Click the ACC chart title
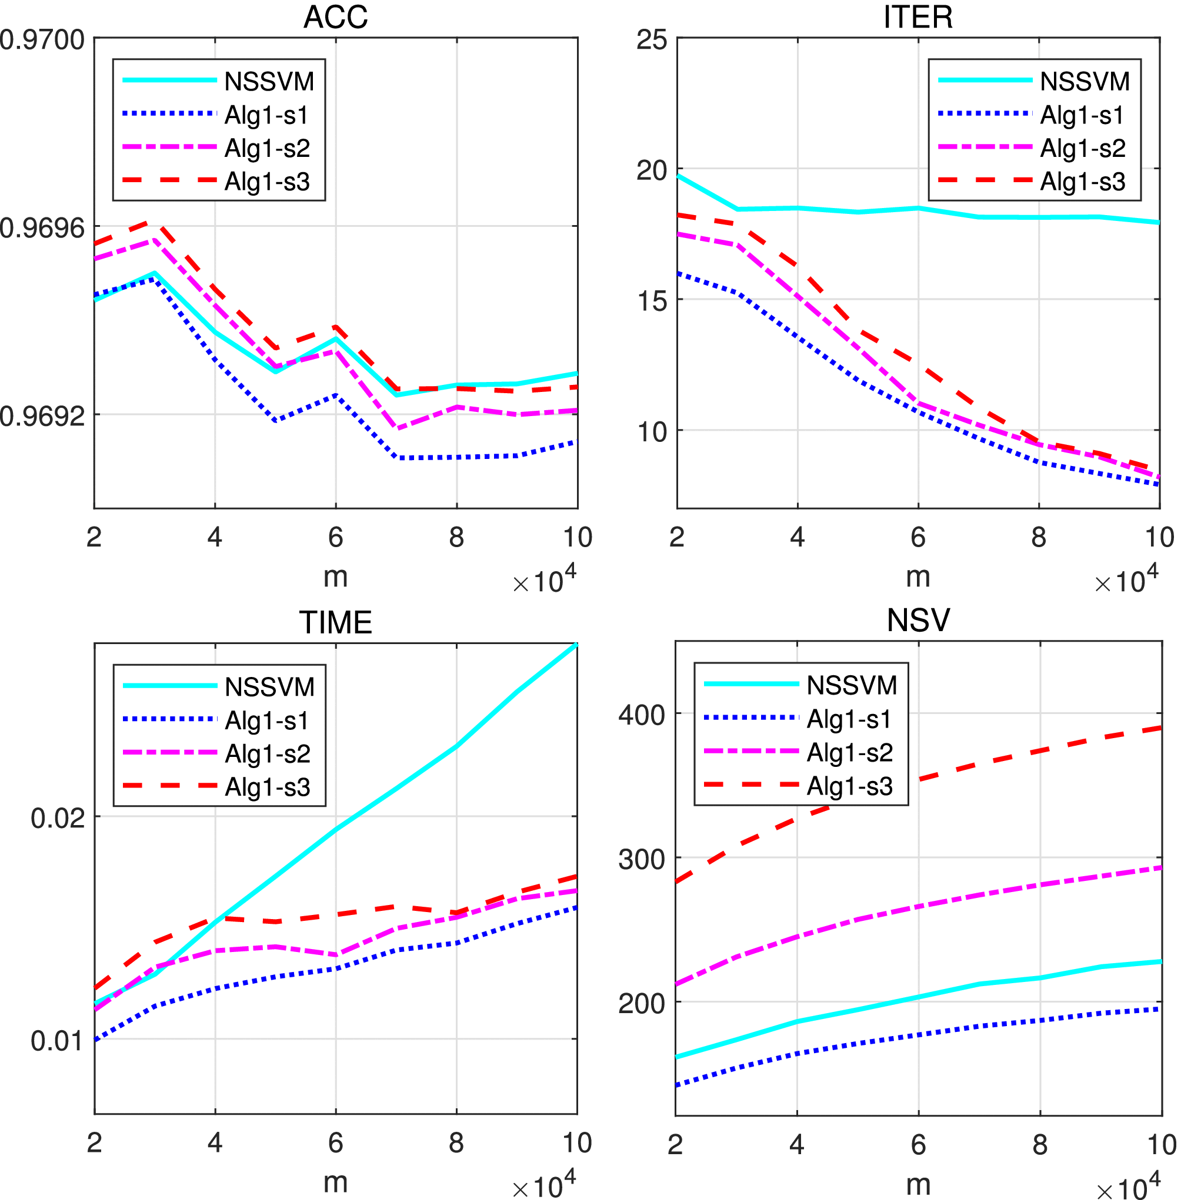tap(336, 16)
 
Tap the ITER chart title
tap(918, 16)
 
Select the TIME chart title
tap(336, 622)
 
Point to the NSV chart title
tap(918, 621)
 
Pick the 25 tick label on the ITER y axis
tap(652, 41)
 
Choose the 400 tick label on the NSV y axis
tap(642, 715)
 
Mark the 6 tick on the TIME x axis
tap(336, 1142)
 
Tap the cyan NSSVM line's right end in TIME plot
tap(576, 645)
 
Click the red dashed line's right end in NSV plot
tap(1160, 728)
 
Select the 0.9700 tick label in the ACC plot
tap(42, 41)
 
